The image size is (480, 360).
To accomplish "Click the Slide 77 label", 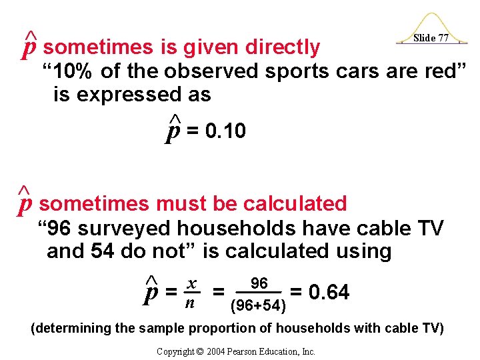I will coord(430,38).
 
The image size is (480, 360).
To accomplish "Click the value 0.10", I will coord(226,132).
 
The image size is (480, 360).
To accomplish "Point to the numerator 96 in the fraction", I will coord(259,284).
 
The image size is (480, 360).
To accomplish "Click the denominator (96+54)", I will coord(258,306).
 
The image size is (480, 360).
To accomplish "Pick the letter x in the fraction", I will coord(190,284).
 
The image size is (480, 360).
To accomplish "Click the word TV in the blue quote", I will coord(428,228).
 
